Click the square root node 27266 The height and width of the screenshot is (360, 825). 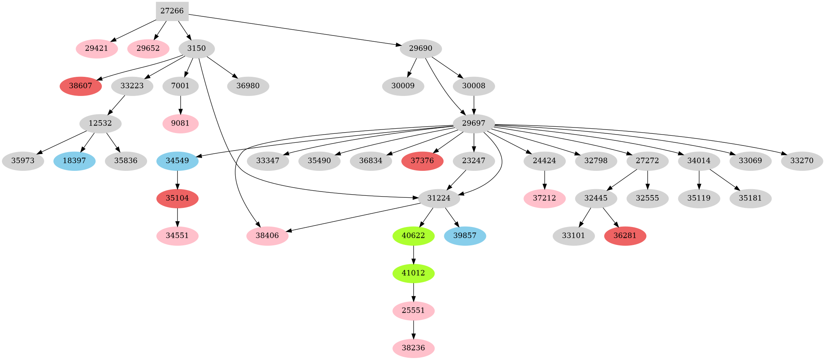point(172,11)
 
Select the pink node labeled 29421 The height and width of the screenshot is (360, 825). point(97,49)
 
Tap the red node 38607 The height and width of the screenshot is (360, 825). point(81,86)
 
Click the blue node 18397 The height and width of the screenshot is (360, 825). point(74,161)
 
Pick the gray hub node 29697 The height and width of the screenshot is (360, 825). point(474,124)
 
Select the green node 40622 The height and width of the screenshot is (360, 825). point(413,236)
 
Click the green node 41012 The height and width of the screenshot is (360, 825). point(413,273)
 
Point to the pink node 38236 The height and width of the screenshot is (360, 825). point(413,348)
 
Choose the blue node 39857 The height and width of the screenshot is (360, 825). point(465,236)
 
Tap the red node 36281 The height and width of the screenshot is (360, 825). point(625,236)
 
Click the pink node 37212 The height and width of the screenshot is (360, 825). point(544,198)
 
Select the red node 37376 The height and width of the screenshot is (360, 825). point(422,161)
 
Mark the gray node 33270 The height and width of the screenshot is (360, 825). point(802,161)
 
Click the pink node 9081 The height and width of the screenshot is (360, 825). point(180,124)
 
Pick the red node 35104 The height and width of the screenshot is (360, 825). point(177,198)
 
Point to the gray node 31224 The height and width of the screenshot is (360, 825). point(438,198)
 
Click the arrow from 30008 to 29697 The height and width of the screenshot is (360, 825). point(474,105)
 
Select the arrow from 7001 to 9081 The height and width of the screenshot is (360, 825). point(180,105)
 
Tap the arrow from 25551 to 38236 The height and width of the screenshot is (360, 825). point(413,329)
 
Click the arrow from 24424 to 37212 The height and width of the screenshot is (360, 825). point(544,179)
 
